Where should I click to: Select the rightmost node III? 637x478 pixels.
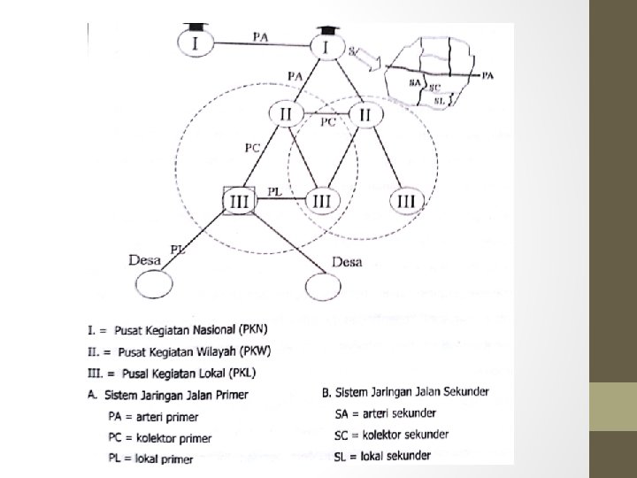[x=406, y=201]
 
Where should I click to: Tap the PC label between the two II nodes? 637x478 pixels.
[x=327, y=122]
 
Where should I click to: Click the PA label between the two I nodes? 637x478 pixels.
[x=262, y=36]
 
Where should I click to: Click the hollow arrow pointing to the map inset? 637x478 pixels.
[x=365, y=63]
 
